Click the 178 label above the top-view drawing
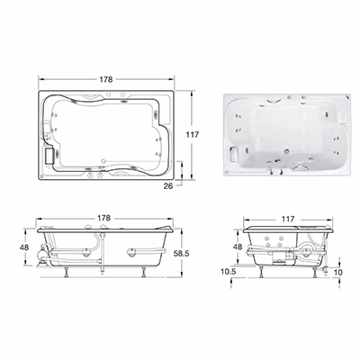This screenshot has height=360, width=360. pyautogui.click(x=106, y=79)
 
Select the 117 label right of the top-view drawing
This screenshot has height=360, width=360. pyautogui.click(x=193, y=135)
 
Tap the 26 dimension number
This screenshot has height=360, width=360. pyautogui.click(x=168, y=186)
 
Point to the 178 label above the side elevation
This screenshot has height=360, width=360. pyautogui.click(x=104, y=218)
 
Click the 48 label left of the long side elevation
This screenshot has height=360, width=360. pyautogui.click(x=24, y=247)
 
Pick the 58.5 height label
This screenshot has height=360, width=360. pyautogui.click(x=182, y=254)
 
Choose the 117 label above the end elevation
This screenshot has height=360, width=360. pyautogui.click(x=288, y=220)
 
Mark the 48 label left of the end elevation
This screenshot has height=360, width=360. pyautogui.click(x=238, y=247)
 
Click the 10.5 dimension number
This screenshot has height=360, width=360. pyautogui.click(x=229, y=272)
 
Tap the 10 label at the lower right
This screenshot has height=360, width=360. pyautogui.click(x=337, y=273)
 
